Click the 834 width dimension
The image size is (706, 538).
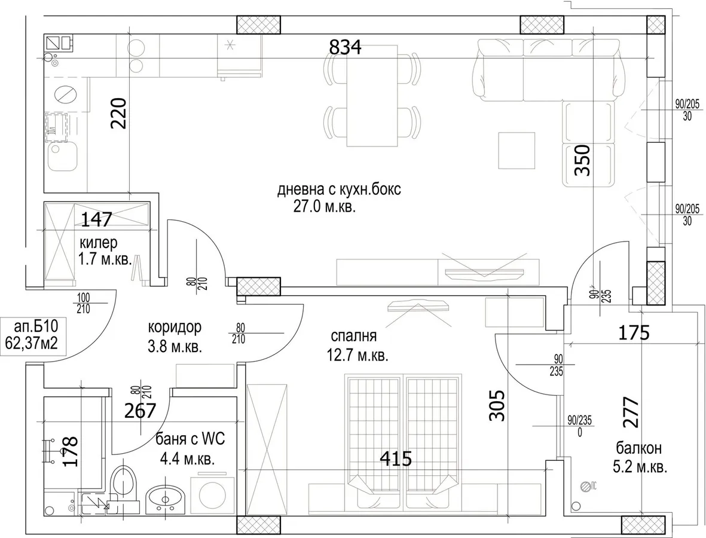346,47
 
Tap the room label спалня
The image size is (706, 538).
353,336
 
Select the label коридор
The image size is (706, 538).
175,328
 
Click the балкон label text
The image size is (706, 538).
639,448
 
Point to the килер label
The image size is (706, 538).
99,243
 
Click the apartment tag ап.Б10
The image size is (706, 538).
33,325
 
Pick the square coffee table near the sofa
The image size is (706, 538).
516,151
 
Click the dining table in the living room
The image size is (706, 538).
372,96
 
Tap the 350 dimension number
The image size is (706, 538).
582,160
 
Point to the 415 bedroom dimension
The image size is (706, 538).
396,458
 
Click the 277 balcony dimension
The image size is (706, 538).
631,412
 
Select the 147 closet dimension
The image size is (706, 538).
96,220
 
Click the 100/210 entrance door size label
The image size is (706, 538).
84,304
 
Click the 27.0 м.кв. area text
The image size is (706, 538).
324,206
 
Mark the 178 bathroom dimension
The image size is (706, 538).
71,451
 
